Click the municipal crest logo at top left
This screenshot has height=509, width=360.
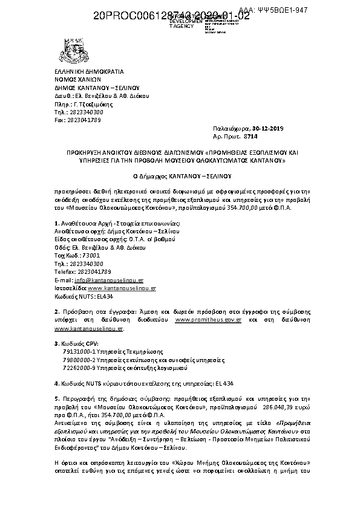(65, 51)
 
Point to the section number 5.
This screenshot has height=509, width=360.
(56, 398)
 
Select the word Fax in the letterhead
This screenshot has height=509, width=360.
(60, 120)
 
